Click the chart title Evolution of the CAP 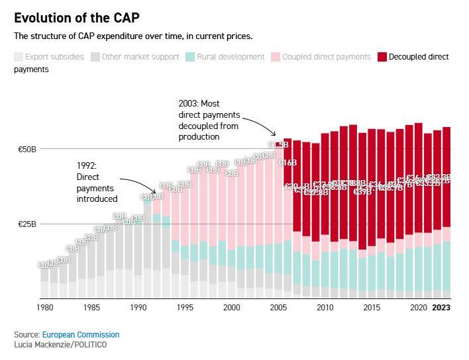click(x=77, y=18)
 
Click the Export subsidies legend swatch click(x=19, y=57)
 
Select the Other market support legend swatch click(x=95, y=57)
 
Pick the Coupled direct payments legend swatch click(x=275, y=57)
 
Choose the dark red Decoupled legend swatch click(x=382, y=57)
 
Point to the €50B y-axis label click(x=27, y=150)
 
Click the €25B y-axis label click(x=27, y=224)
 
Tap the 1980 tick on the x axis click(x=45, y=308)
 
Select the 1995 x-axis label click(x=185, y=308)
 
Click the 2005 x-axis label click(x=278, y=308)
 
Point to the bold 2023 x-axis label click(x=441, y=308)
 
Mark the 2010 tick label click(x=325, y=308)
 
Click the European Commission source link click(x=80, y=335)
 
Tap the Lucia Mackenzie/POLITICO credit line click(x=60, y=345)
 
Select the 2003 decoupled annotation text click(x=209, y=120)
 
